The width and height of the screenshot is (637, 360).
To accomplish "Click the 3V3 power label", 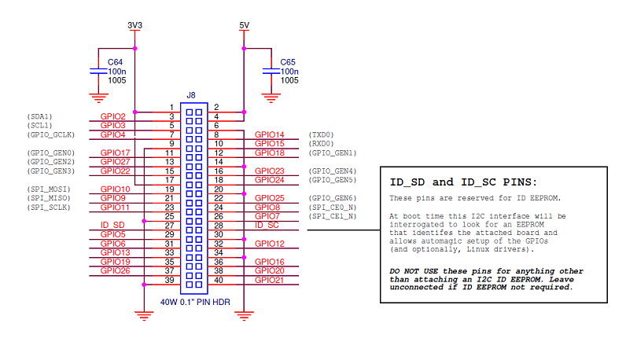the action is point(135,25).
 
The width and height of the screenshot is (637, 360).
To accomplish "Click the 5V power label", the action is point(244,25).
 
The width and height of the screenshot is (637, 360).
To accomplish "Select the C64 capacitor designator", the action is point(115,62).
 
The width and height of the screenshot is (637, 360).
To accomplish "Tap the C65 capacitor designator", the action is point(288,62).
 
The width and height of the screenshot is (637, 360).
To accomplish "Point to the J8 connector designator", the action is point(191,95).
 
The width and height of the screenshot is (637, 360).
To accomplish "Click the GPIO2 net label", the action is point(113,116).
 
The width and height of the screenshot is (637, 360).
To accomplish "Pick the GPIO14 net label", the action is point(269,134).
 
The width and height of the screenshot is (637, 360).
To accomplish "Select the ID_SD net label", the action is point(112,226).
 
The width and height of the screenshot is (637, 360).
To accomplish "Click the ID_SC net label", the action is point(267,226).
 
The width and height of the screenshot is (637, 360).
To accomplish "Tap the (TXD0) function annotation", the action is point(322,134).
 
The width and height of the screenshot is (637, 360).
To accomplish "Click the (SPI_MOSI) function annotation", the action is point(49,189).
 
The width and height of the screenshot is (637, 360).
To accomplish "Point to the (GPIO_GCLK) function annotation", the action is point(51,134).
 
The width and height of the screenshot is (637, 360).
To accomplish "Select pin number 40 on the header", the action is point(219,280).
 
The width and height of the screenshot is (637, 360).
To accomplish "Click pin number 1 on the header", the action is point(172,108).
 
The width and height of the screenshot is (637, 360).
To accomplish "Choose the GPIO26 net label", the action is point(116,270).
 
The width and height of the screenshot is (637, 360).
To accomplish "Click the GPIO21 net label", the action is point(269,280).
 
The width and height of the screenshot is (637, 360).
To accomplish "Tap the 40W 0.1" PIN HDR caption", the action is point(195,302).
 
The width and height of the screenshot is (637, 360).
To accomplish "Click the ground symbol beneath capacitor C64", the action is point(98,97).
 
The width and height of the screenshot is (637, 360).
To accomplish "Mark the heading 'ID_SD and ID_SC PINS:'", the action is point(463,182).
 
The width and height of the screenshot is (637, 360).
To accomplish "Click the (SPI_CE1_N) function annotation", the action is point(333,216).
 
